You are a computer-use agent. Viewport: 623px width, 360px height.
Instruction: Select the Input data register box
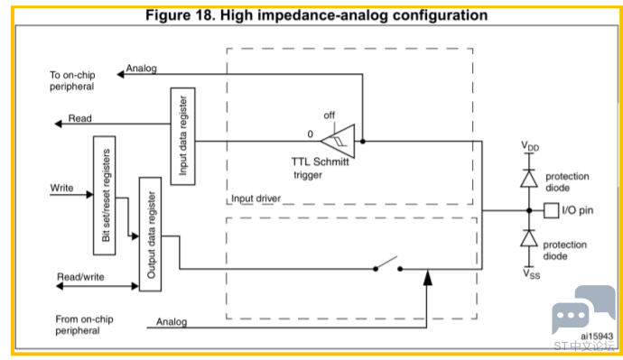182,136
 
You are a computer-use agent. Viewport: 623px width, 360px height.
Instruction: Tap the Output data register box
150,235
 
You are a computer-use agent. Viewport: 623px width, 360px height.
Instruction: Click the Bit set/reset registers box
105,195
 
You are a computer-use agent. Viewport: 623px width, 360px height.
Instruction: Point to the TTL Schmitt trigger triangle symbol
338,141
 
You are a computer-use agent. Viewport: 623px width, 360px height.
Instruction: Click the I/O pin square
551,210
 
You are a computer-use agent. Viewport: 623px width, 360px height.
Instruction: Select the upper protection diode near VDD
529,179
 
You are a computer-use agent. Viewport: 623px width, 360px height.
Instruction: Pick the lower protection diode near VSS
529,238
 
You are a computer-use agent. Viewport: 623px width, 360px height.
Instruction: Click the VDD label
530,146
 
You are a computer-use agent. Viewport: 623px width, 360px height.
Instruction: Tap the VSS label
531,274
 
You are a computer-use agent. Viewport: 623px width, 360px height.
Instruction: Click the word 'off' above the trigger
329,115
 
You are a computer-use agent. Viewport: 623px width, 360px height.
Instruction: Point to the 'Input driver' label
256,198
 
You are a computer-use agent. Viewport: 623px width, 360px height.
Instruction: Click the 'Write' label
61,188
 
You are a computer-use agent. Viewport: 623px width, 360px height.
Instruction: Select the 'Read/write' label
80,277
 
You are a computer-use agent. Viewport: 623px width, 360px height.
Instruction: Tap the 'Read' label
79,118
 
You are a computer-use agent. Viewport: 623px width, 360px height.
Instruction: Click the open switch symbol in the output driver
387,264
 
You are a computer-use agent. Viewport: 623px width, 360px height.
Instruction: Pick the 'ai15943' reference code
597,337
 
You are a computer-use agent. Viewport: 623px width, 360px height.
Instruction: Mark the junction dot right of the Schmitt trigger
363,141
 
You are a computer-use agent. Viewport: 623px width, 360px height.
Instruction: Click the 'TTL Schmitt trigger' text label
320,168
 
